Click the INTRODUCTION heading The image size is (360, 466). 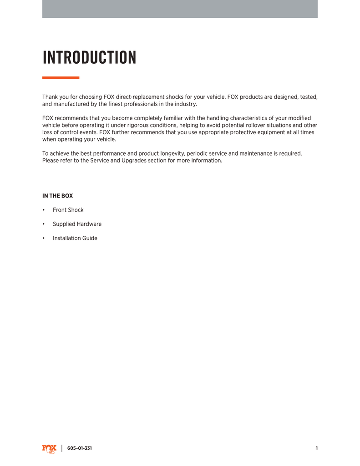[89, 58]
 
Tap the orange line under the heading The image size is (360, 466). [61, 77]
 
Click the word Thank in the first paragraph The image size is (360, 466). [51, 97]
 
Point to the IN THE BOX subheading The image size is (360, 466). [57, 196]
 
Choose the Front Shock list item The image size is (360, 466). [68, 210]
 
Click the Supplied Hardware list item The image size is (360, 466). [77, 224]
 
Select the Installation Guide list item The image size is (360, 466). [75, 238]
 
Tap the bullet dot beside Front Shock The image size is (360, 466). [44, 210]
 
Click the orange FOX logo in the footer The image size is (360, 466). [49, 449]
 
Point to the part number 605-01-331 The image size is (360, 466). [80, 448]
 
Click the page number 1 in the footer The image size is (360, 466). [317, 448]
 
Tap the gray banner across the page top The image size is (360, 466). [180, 9]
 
